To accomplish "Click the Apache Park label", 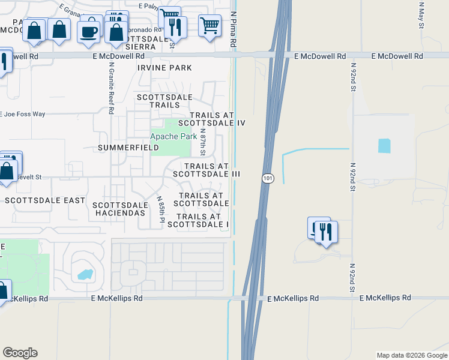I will pyautogui.click(x=173, y=137).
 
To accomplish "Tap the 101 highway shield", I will pyautogui.click(x=267, y=178).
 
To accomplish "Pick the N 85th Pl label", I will pyautogui.click(x=161, y=209).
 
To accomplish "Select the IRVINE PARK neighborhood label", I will pyautogui.click(x=164, y=68).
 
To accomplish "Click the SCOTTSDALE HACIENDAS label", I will pyautogui.click(x=119, y=209).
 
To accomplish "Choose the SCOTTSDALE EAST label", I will pyautogui.click(x=45, y=200).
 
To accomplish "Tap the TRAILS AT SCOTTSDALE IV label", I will pyautogui.click(x=217, y=119).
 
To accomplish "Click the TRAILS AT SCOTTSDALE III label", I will pyautogui.click(x=206, y=170).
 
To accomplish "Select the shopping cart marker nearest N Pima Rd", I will pyautogui.click(x=209, y=26).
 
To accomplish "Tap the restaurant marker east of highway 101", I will pyautogui.click(x=326, y=231).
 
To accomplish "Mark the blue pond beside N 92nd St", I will pyautogui.click(x=384, y=146).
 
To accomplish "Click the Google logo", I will pyautogui.click(x=20, y=353).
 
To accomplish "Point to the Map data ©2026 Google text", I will pyautogui.click(x=411, y=355).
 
